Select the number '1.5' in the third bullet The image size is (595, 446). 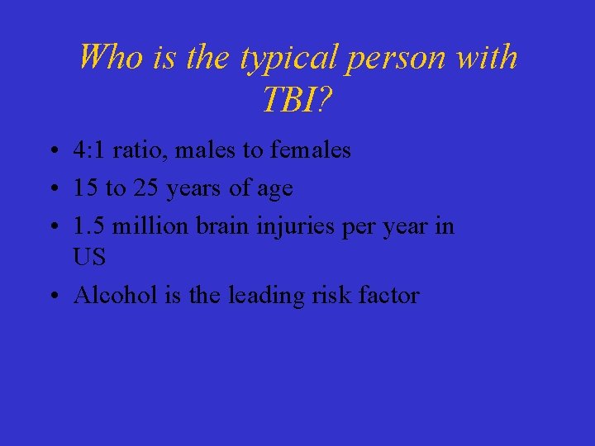(88, 225)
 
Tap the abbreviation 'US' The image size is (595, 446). (89, 258)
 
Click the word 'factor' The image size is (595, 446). (389, 295)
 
